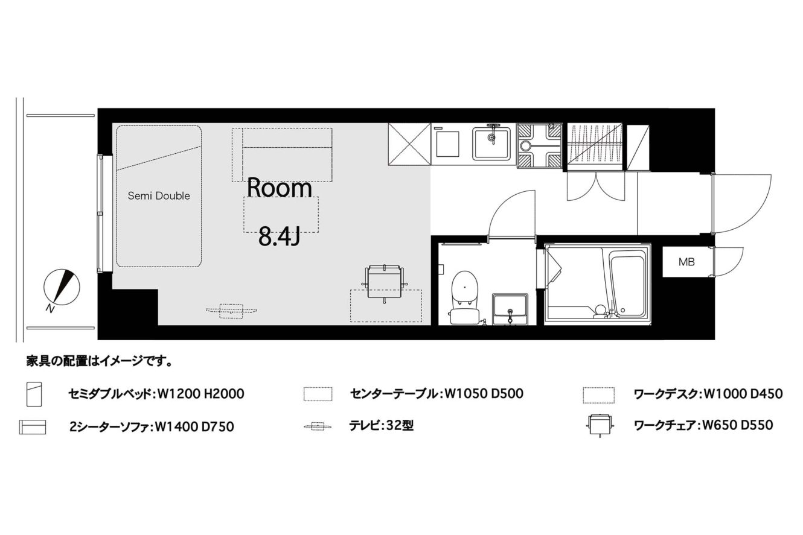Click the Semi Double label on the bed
click(159, 196)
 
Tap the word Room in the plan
click(280, 188)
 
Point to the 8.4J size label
click(280, 238)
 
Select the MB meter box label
click(686, 262)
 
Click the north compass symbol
click(62, 288)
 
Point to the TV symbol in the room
click(231, 311)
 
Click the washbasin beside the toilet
click(510, 309)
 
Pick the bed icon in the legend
click(34, 394)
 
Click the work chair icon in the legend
click(600, 425)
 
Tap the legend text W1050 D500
click(484, 393)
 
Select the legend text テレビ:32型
click(382, 425)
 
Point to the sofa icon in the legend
click(33, 427)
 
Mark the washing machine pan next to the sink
click(539, 145)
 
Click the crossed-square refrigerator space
click(409, 144)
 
